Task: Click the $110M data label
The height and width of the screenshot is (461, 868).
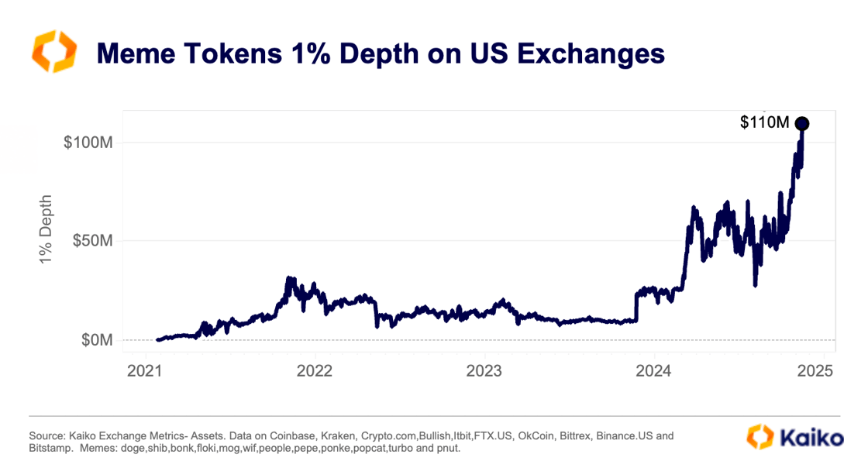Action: (x=764, y=122)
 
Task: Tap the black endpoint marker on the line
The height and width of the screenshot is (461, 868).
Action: (x=802, y=123)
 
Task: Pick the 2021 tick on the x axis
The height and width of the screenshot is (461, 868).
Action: (x=145, y=371)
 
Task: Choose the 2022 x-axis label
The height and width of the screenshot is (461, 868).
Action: (x=314, y=371)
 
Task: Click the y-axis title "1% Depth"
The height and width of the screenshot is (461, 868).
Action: (x=46, y=229)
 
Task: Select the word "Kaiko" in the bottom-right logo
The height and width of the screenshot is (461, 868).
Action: (x=816, y=438)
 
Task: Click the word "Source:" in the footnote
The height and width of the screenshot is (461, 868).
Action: (x=45, y=436)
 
